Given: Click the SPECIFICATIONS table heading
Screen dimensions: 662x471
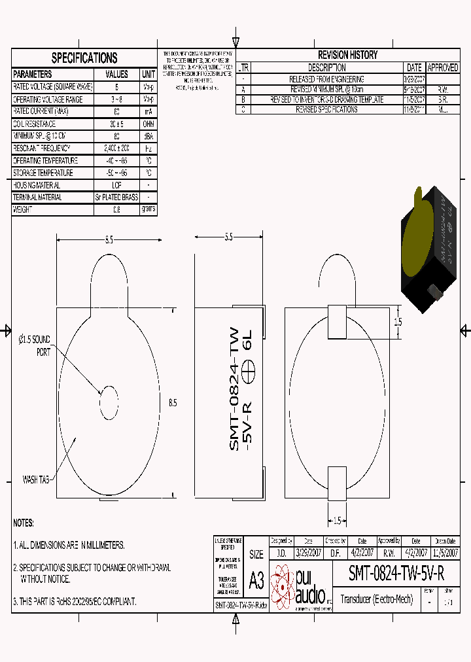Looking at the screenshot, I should point(84,58).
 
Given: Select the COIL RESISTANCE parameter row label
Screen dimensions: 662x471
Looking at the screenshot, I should point(35,124).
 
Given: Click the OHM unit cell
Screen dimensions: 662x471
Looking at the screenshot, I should point(148,124).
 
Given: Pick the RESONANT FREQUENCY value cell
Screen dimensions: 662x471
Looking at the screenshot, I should point(116,148).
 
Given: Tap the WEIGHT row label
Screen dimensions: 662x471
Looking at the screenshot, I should point(23,209).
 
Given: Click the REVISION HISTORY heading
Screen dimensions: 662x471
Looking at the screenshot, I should point(347,55).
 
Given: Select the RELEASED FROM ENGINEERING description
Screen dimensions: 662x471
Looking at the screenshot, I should point(327,79).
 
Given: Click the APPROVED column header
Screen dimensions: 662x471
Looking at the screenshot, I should point(443,67).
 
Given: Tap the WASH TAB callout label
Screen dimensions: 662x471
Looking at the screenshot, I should point(36,479).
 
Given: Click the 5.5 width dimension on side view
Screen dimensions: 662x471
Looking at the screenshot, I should point(228,237).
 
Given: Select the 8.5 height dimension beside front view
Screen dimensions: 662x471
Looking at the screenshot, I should point(173,403).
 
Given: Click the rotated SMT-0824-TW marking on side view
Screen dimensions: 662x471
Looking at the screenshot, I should point(234,389).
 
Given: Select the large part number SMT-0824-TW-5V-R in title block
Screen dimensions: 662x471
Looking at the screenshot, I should point(396,574).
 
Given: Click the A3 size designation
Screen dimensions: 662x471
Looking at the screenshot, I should point(256,580).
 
